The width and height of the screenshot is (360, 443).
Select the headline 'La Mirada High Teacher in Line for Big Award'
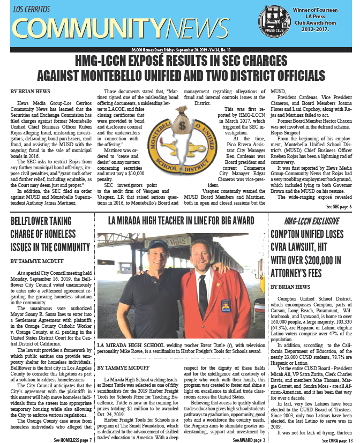click(x=181, y=220)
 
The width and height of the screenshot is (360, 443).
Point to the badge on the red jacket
click(x=226, y=306)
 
